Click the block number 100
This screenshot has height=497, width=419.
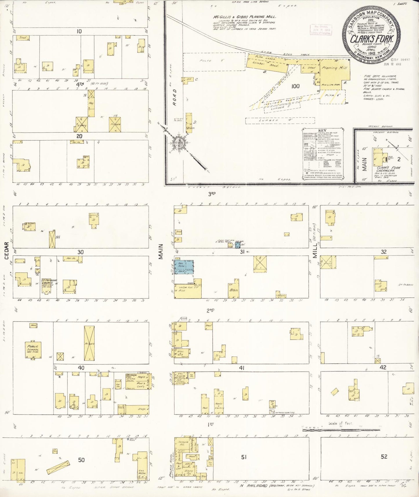click(x=296, y=86)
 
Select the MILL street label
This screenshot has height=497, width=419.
click(x=315, y=251)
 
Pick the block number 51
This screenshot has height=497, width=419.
click(x=244, y=457)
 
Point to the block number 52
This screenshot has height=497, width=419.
click(x=384, y=456)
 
